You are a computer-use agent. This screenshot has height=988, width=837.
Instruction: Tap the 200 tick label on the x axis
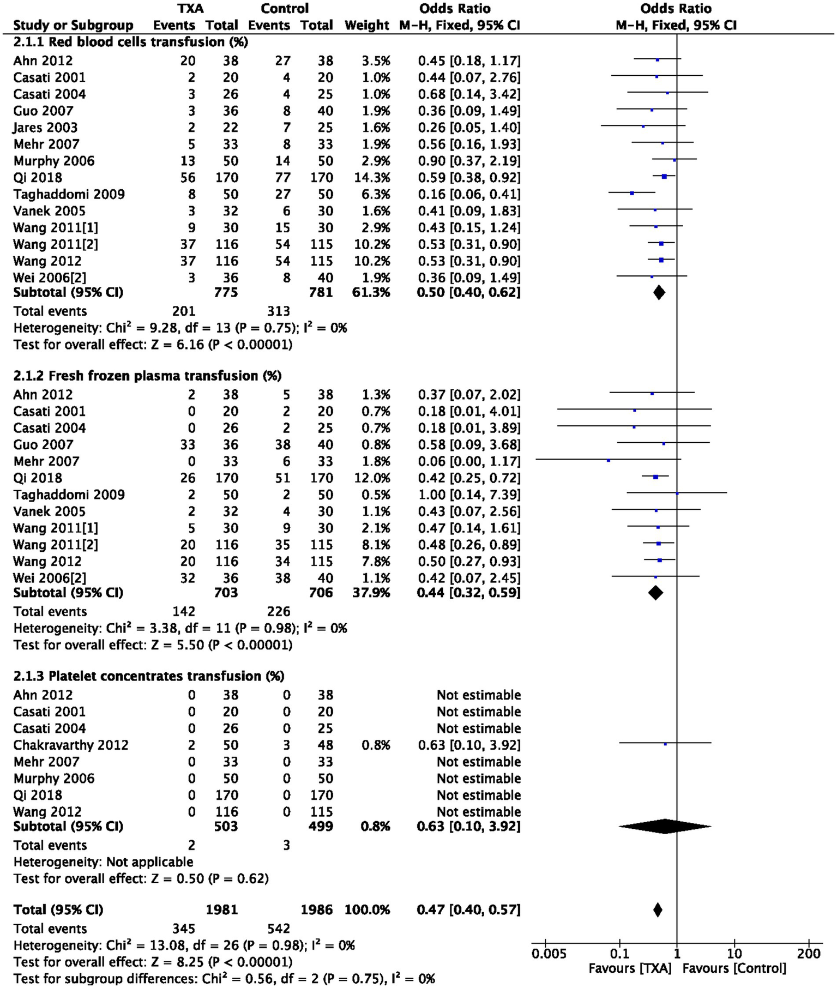pos(809,954)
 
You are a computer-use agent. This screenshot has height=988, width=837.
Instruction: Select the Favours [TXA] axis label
pos(630,968)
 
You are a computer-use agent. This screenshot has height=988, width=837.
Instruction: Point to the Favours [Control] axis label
pos(734,968)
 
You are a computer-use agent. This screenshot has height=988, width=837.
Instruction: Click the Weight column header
pos(367,25)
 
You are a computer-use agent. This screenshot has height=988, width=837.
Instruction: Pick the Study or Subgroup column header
pos(73,25)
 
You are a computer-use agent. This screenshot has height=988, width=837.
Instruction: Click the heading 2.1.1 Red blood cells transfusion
pos(130,42)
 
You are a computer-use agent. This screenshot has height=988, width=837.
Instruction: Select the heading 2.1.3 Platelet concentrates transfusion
pos(148,676)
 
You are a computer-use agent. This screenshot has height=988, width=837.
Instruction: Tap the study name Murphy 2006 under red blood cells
pos(53,161)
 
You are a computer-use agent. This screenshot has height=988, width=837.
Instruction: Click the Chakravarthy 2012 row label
pos(71,745)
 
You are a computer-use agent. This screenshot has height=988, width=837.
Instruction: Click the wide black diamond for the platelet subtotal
pos(665,827)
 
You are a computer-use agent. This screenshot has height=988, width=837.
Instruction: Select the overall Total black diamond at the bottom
pos(658,909)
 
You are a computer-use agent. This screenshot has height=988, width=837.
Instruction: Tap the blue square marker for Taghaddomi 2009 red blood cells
pos(632,193)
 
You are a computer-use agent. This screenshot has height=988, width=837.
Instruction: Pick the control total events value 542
pos(278,929)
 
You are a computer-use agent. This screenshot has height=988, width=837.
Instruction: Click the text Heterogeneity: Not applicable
pos(103,862)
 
